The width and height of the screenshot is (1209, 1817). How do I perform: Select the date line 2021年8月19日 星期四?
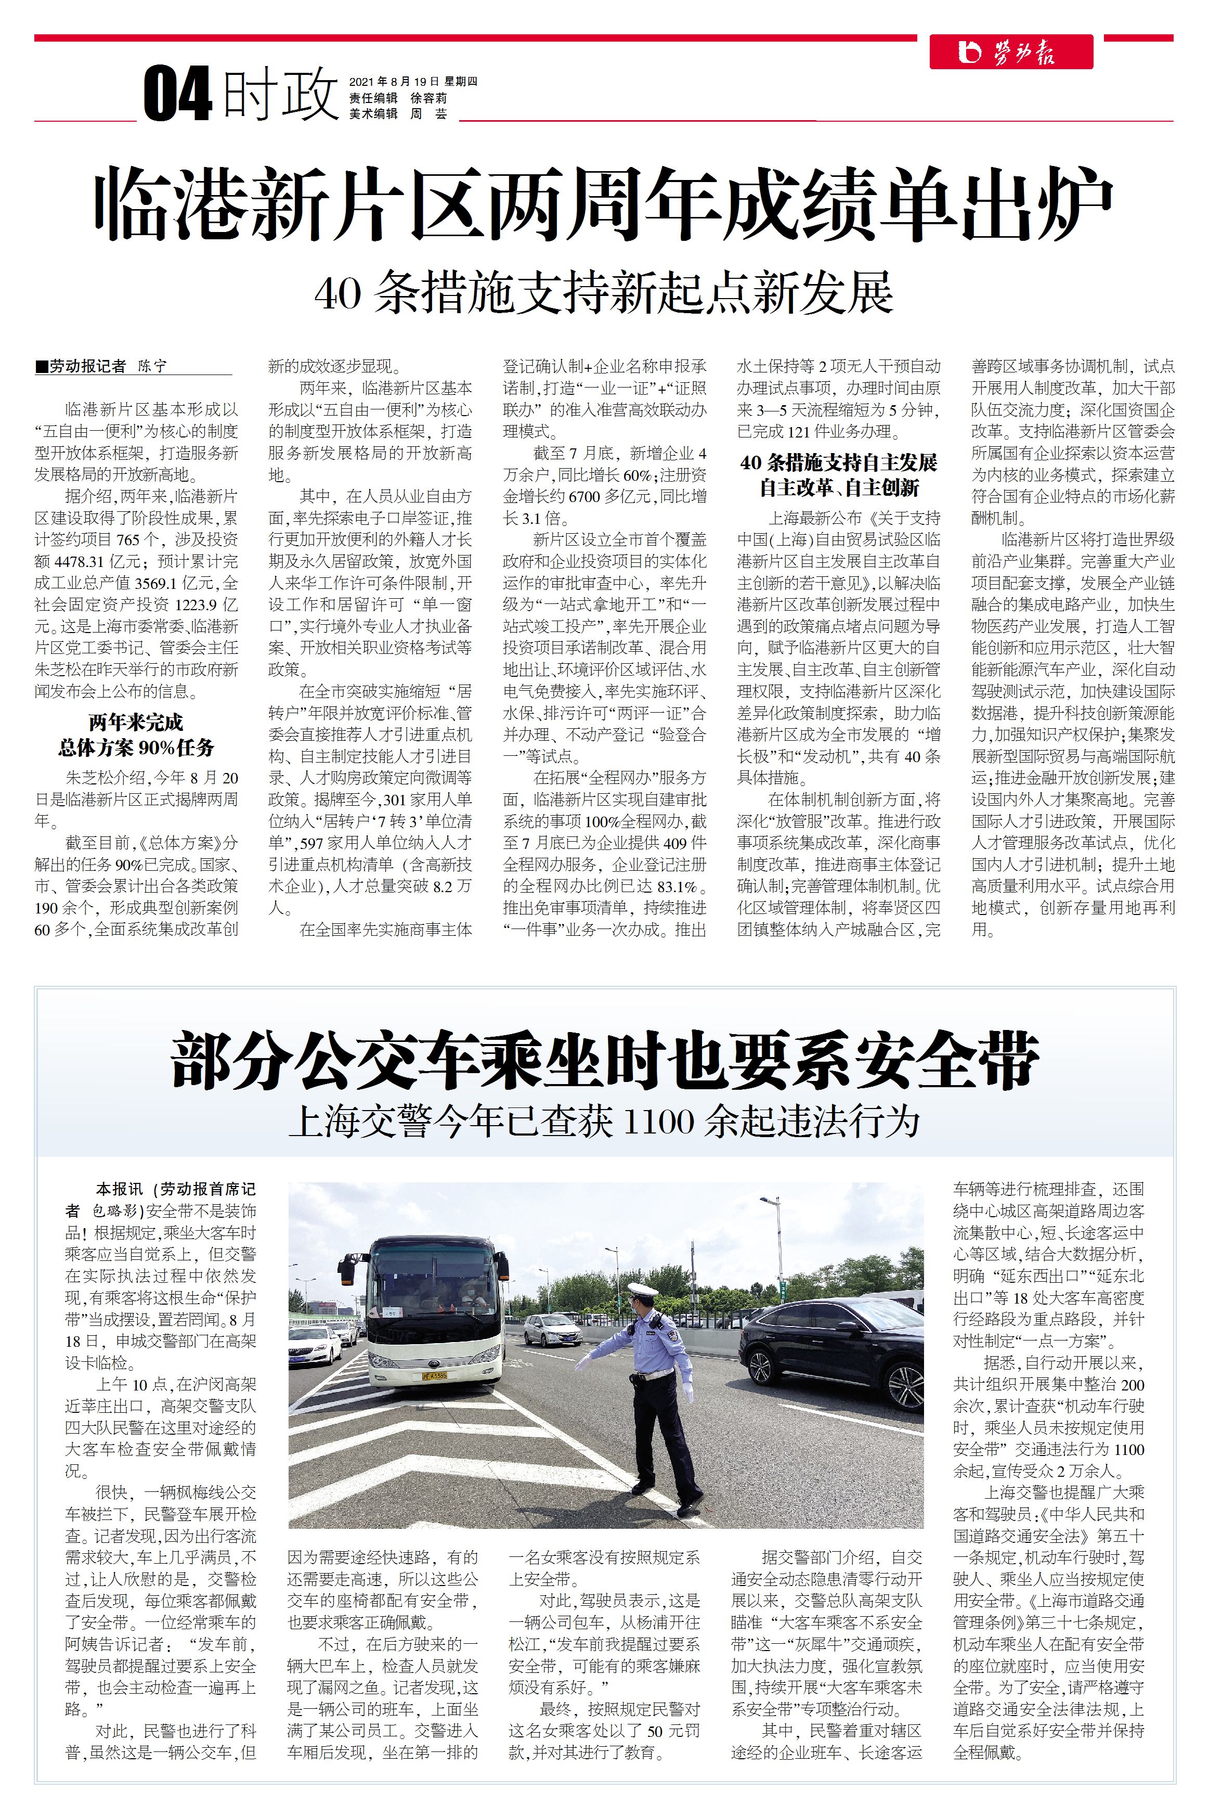coord(413,82)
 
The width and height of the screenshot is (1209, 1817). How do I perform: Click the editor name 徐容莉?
coord(428,98)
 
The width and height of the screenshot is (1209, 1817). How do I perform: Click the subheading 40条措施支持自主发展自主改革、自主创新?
coord(839,475)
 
